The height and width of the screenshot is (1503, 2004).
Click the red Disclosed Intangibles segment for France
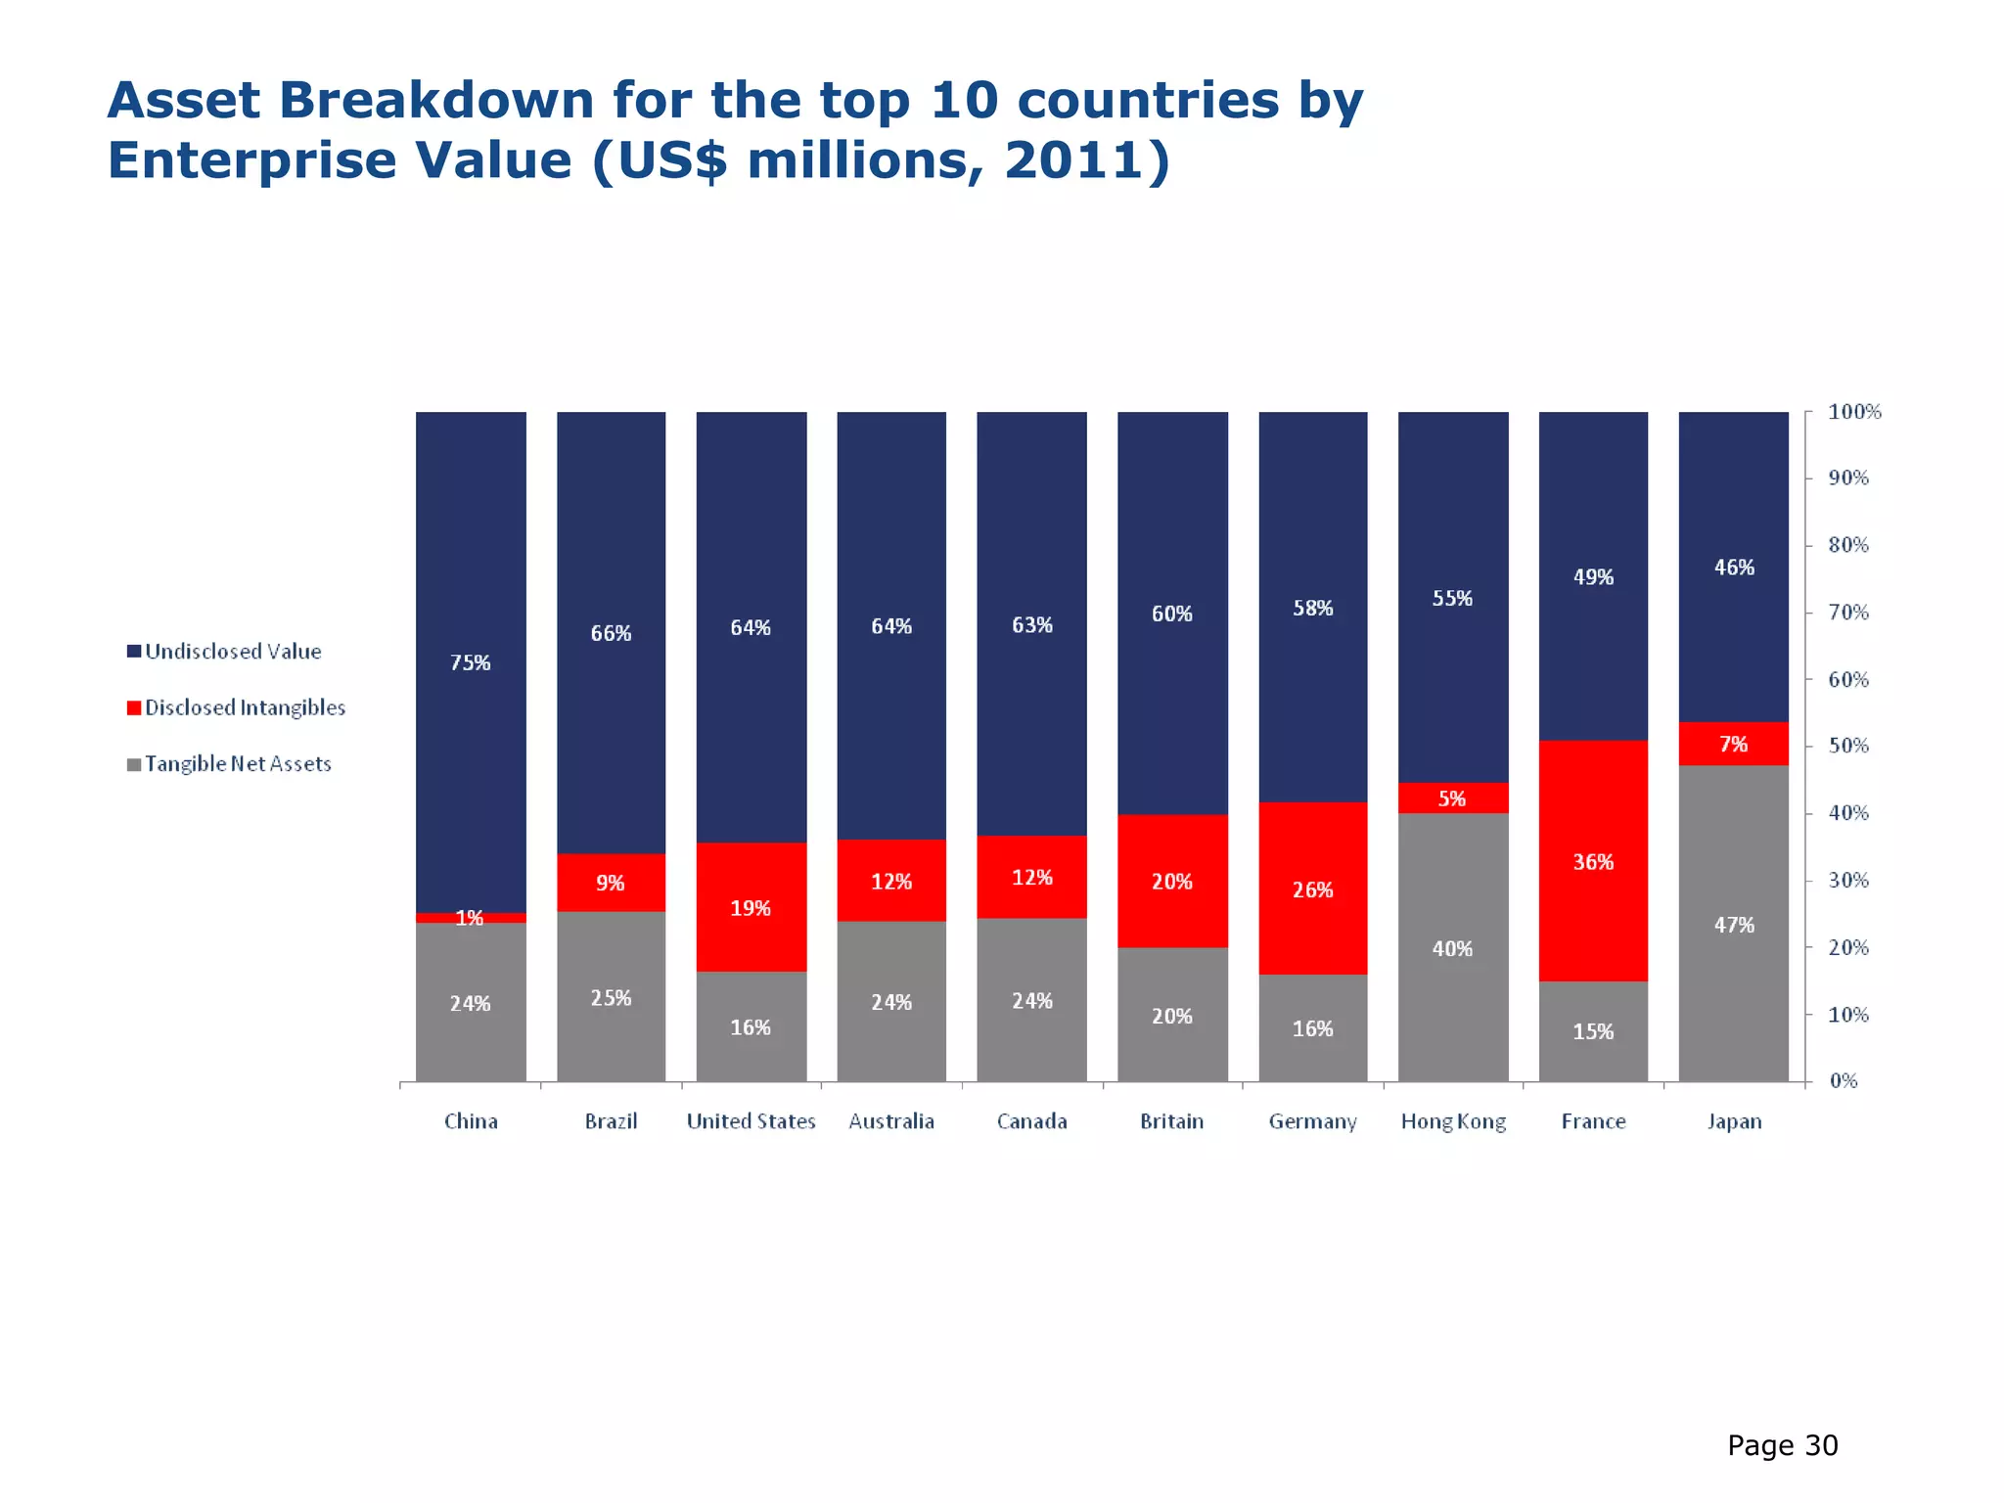[x=1593, y=861]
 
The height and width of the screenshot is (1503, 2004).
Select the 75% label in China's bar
[x=470, y=662]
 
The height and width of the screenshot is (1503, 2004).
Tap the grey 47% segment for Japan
[x=1733, y=925]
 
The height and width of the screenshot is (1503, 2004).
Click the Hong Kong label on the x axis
[x=1453, y=1121]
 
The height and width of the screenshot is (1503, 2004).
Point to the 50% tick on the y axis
[x=1848, y=746]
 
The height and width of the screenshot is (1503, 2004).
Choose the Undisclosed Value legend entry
[x=233, y=652]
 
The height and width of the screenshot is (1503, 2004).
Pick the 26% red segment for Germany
[x=1312, y=888]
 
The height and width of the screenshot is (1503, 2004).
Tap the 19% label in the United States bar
[x=751, y=908]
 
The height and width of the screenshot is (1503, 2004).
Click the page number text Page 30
[x=1782, y=1445]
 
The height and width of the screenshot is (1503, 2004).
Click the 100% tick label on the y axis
[x=1854, y=412]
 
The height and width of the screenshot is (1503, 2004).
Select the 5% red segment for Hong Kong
[x=1452, y=798]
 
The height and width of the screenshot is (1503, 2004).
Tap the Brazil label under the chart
[x=611, y=1121]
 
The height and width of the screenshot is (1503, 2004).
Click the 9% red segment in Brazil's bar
[x=611, y=883]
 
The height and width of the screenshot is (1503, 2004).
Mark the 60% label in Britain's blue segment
[x=1171, y=614]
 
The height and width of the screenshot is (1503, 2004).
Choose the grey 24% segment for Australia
[x=891, y=1002]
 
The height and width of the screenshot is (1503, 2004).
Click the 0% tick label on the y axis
[x=1843, y=1081]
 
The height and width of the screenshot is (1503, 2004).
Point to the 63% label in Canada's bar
[x=1031, y=624]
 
